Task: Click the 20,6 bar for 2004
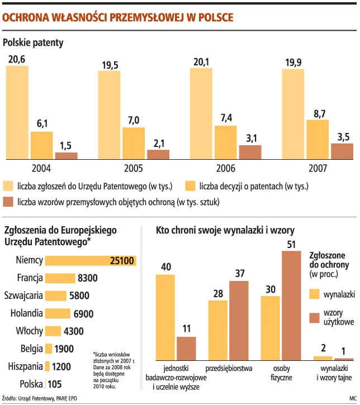[x=17, y=112]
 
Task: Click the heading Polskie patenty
[x=34, y=42]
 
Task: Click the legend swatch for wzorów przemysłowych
[x=8, y=202]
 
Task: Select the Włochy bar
[x=53, y=331]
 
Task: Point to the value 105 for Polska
[x=54, y=384]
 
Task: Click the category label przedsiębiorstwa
[x=229, y=369]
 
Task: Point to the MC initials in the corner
[x=352, y=399]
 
